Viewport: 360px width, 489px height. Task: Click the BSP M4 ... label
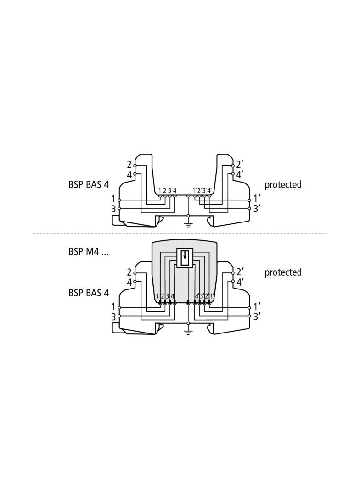click(88, 251)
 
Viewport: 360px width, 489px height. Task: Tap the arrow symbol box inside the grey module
click(185, 258)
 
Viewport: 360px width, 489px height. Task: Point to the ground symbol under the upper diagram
click(188, 224)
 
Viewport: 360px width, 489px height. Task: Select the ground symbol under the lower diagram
click(188, 332)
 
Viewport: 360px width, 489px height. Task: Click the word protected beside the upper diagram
click(283, 184)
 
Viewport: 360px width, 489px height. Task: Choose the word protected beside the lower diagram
click(283, 272)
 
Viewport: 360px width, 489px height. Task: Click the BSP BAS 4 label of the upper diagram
click(89, 184)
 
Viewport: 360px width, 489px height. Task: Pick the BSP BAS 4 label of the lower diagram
click(89, 293)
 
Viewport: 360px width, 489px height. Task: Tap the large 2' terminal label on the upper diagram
click(240, 164)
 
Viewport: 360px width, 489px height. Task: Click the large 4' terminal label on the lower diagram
click(240, 282)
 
